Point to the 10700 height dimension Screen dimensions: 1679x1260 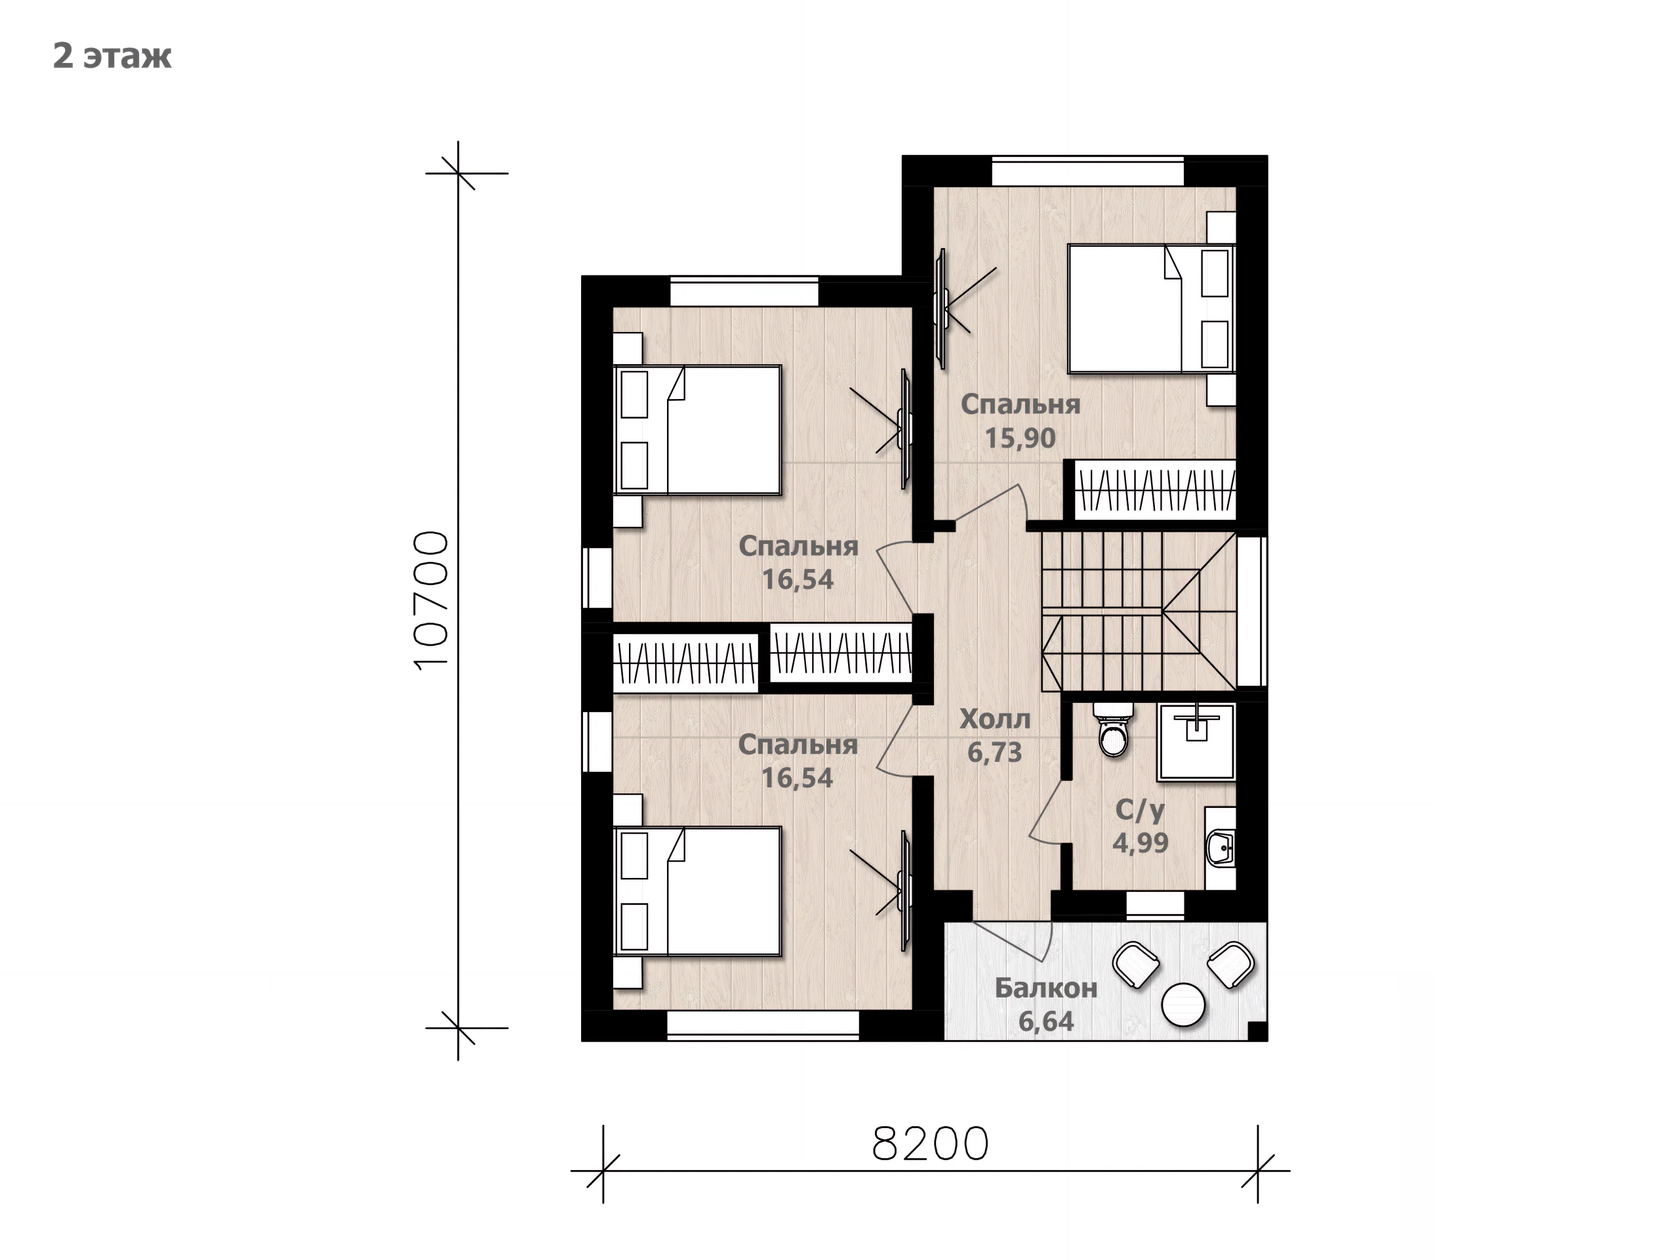432,600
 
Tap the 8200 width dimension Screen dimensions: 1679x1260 931,1144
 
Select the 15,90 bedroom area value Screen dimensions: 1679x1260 1020,438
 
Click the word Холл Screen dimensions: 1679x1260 994,719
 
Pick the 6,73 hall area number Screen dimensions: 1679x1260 994,753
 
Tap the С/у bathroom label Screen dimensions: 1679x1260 1139,810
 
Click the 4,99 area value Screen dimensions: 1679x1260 1140,843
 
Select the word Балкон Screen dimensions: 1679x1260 1046,988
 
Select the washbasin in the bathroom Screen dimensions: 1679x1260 1221,848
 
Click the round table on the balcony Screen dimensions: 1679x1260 1183,1004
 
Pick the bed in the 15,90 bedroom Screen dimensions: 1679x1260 1151,308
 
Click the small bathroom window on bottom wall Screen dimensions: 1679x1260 1154,904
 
